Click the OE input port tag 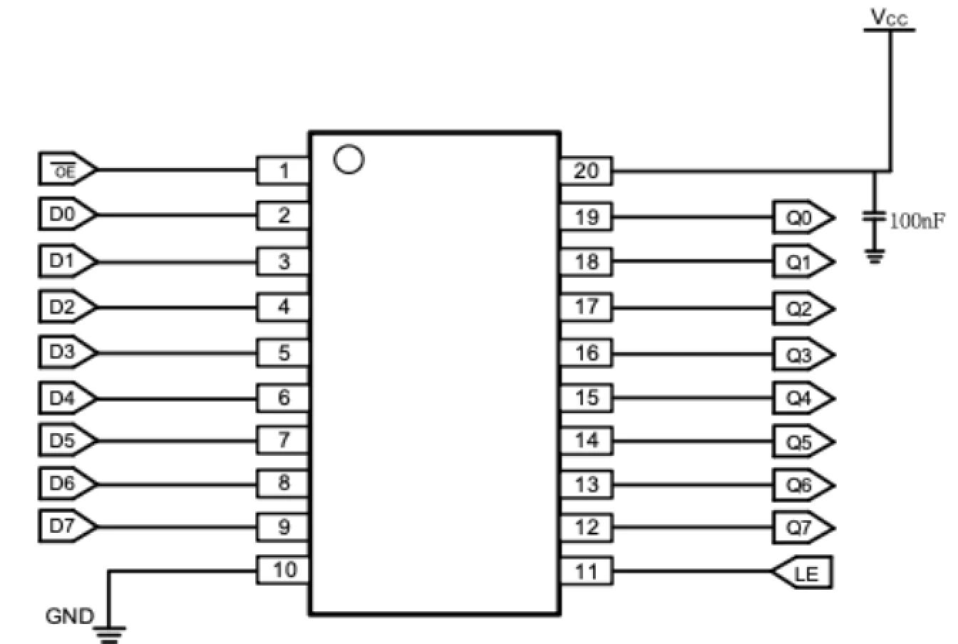click(x=66, y=171)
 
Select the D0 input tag click(x=66, y=215)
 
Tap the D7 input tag click(x=66, y=527)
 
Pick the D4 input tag click(x=66, y=397)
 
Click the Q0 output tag click(x=802, y=218)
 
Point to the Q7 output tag click(x=802, y=528)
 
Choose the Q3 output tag click(x=802, y=355)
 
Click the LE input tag click(x=803, y=573)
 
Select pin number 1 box click(x=283, y=171)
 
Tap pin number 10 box click(x=283, y=570)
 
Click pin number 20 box click(x=586, y=171)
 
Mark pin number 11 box click(x=586, y=571)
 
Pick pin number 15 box click(x=586, y=398)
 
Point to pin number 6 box click(x=283, y=398)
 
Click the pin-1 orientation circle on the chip click(x=349, y=158)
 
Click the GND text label click(x=69, y=616)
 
